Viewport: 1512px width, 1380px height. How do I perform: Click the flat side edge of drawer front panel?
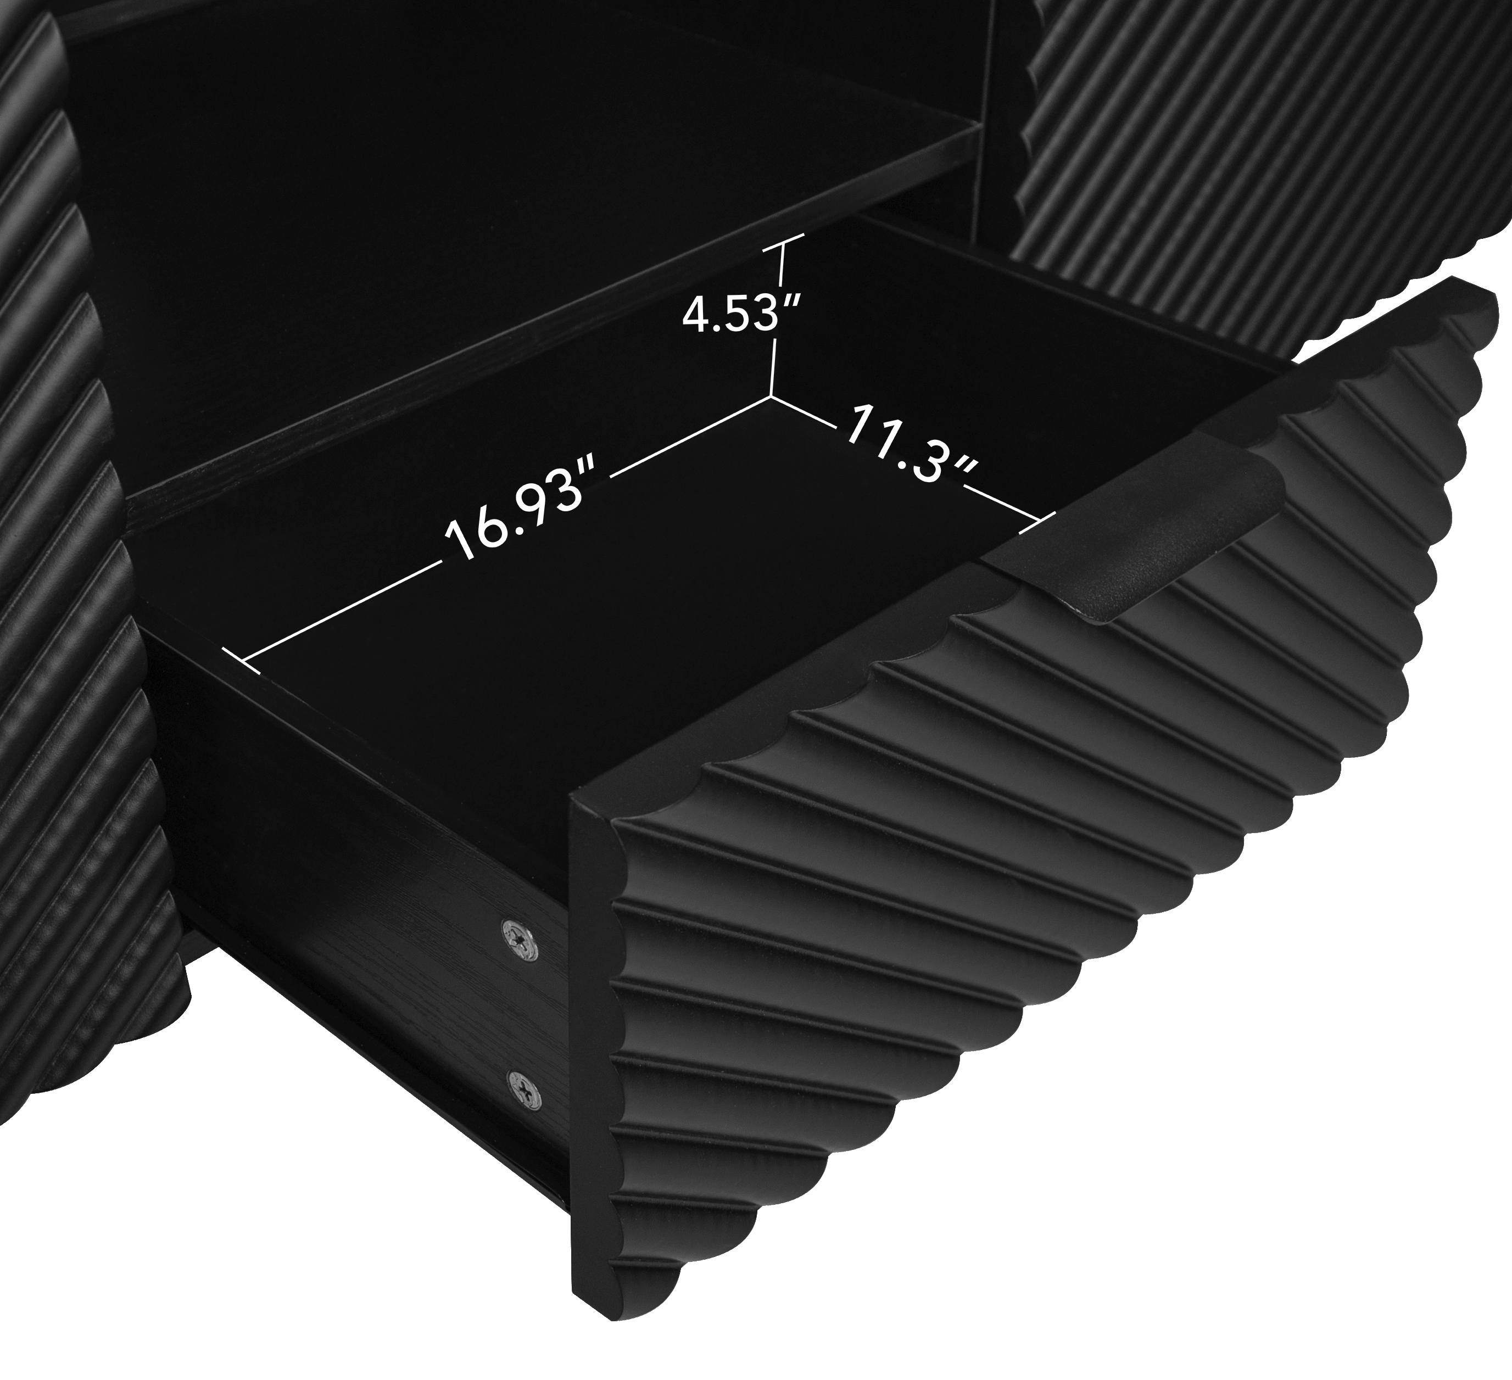coord(593,1050)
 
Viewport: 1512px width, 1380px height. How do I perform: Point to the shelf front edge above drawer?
coord(525,353)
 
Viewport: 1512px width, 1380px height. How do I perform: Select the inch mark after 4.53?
coord(793,300)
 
